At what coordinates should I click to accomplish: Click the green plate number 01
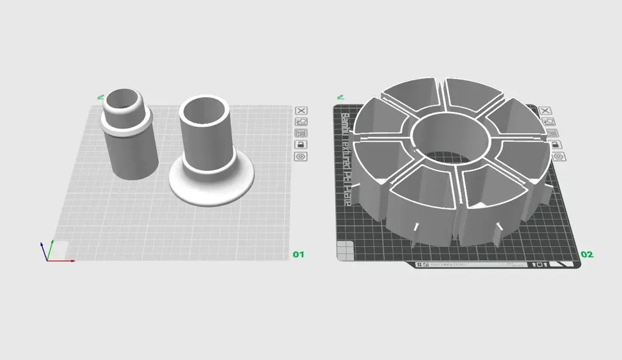(299, 254)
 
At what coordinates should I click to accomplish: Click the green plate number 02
(587, 254)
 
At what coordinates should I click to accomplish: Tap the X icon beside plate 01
(301, 111)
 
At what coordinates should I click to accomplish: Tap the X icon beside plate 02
(547, 111)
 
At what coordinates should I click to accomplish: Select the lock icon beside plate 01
(301, 144)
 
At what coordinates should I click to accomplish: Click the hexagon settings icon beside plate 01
(301, 156)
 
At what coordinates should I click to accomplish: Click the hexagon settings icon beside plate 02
(558, 156)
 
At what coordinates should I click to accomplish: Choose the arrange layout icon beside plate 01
(301, 133)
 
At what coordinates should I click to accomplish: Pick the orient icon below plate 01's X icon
(301, 122)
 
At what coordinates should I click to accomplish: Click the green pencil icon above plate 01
(100, 96)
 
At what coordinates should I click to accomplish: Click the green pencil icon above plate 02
(340, 96)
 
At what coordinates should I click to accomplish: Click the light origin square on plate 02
(343, 251)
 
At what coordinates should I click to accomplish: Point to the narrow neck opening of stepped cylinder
(123, 98)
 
